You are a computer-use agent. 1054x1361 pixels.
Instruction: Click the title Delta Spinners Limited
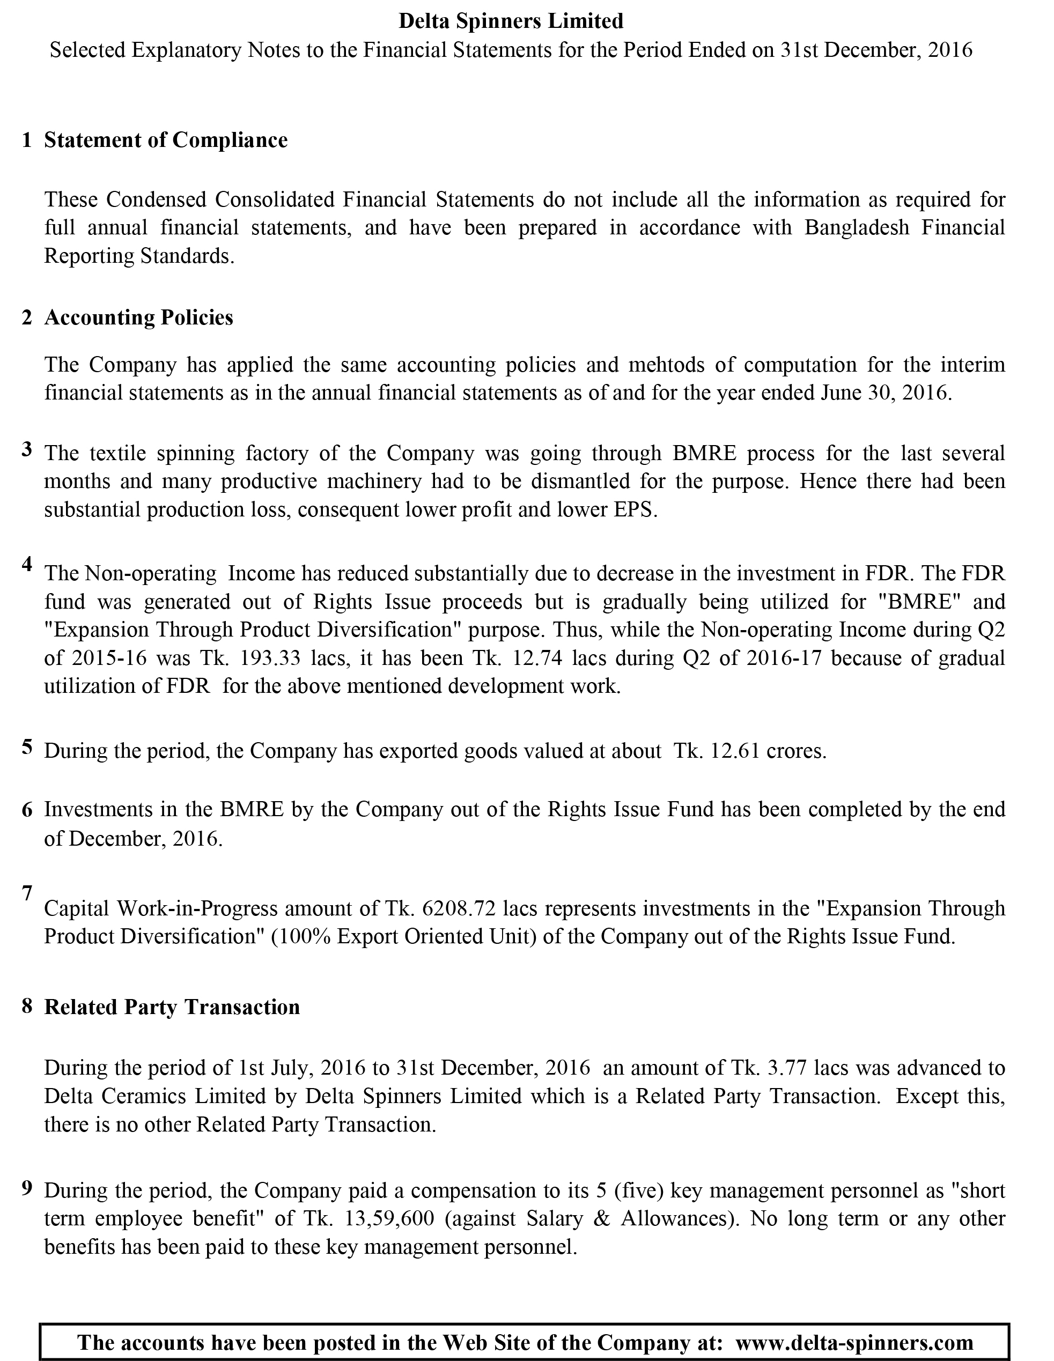pos(511,21)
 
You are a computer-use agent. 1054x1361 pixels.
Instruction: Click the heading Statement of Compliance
pos(166,140)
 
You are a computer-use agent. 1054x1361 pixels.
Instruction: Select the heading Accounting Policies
pos(138,318)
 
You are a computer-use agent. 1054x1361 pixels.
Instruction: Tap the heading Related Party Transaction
pos(172,1007)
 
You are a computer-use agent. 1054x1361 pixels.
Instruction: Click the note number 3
pos(27,449)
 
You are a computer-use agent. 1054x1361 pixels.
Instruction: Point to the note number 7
pos(27,893)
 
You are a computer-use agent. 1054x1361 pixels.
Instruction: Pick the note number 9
pos(27,1188)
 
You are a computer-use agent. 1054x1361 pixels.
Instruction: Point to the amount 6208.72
pos(459,909)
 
